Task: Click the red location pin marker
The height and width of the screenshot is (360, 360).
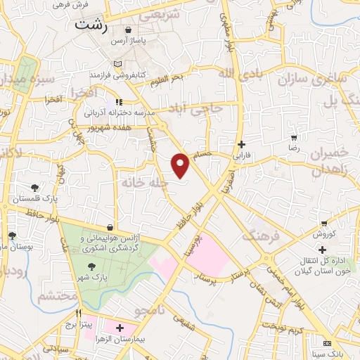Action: coord(181,165)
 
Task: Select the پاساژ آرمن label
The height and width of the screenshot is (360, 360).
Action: coord(129,41)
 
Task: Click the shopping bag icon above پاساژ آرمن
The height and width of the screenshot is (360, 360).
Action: coord(129,30)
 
